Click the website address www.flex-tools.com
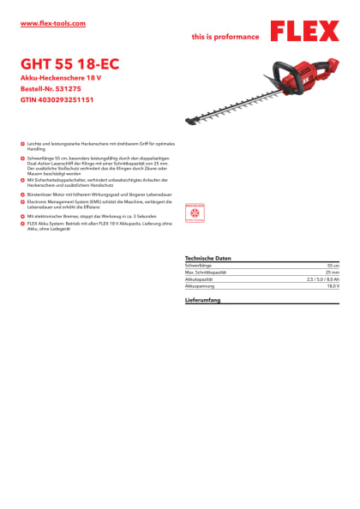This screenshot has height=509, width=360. [52, 23]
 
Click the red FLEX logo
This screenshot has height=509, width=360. [304, 32]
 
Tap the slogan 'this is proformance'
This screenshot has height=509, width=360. [225, 38]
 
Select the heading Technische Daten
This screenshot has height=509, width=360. [208, 258]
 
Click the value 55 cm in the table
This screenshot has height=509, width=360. [332, 266]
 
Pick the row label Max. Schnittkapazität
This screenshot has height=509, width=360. [206, 272]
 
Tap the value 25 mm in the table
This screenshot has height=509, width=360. [332, 272]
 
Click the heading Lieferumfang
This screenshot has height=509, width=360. [203, 301]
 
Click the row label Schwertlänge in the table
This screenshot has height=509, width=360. [199, 266]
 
